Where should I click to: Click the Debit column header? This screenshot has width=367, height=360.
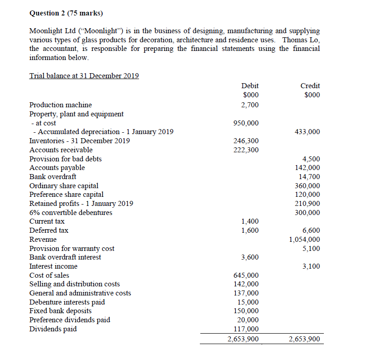[x=250, y=85]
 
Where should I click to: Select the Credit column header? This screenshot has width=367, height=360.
[x=310, y=85]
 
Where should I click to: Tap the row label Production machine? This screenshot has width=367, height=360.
[x=60, y=105]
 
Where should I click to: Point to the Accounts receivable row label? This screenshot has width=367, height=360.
[x=61, y=150]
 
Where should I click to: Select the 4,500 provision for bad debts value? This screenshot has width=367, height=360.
[x=311, y=159]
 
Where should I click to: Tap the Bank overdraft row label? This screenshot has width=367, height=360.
[x=53, y=177]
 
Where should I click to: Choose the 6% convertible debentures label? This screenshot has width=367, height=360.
[x=70, y=213]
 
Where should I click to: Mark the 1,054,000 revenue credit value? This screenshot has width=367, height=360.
[x=304, y=240]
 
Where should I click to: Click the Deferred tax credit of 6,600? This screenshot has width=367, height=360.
[x=311, y=230]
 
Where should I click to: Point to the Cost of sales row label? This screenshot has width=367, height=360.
[x=49, y=275]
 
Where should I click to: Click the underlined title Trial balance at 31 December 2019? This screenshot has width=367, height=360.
[x=84, y=76]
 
